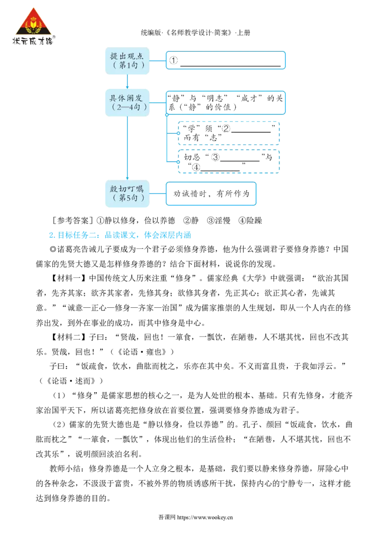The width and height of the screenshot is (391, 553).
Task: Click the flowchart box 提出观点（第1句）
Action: point(128,61)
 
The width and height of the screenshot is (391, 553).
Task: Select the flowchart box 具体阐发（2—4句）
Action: point(128,103)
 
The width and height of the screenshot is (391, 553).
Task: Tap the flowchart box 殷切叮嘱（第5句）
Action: point(128,193)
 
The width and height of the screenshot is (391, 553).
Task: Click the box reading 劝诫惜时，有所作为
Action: point(211,193)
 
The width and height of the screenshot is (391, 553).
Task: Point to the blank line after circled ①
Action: point(230,66)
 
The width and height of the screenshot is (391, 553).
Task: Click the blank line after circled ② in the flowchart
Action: point(251,132)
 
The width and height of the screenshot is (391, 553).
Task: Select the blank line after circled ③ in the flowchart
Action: point(240,161)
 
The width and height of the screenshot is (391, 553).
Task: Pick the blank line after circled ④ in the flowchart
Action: point(220,171)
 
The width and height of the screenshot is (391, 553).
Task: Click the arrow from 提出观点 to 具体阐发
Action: point(128,82)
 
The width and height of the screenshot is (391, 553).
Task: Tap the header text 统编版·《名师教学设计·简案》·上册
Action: point(195,33)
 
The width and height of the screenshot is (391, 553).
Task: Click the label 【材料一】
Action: point(69,278)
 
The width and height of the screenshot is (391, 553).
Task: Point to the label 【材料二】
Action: point(69,337)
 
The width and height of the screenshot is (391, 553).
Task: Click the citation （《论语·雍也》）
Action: point(142,352)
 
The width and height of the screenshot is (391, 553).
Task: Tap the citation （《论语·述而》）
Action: point(71,381)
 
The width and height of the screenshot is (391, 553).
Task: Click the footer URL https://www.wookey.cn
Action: point(205,517)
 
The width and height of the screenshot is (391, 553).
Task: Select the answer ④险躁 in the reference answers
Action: point(250,221)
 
